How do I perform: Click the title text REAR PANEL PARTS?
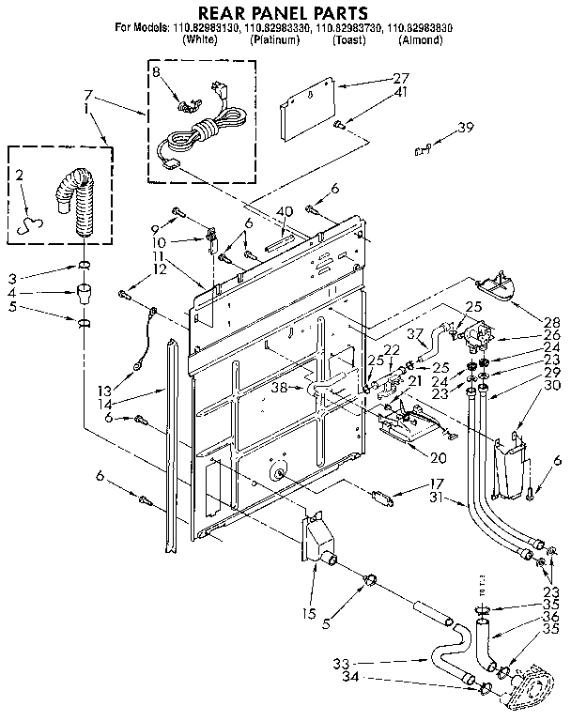coord(284,12)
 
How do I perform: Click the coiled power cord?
coord(202,131)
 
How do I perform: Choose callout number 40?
coord(285,210)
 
